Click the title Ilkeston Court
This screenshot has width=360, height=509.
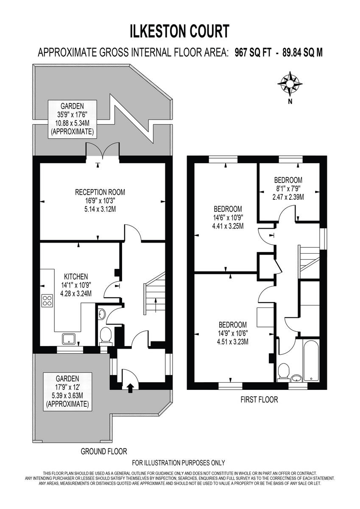click(x=180, y=31)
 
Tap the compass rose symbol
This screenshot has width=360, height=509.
click(x=290, y=83)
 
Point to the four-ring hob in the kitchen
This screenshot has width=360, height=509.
click(x=47, y=301)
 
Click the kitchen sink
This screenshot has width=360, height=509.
click(x=69, y=338)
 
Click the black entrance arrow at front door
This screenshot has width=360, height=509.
click(x=130, y=386)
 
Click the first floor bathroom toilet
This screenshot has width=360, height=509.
click(x=283, y=372)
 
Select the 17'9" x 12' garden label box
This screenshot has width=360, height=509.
click(x=68, y=391)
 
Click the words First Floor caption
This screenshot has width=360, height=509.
click(x=259, y=400)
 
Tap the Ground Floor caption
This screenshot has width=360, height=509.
click(x=104, y=451)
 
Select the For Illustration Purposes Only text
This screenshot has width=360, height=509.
click(x=179, y=463)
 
